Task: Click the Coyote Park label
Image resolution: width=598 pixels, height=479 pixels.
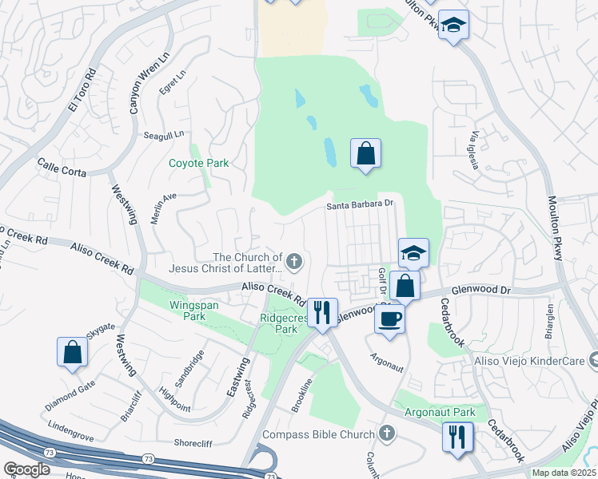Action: coord(198,163)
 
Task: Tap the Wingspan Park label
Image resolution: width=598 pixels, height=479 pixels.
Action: coord(187,311)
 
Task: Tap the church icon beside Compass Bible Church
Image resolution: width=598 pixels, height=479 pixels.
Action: coord(387,434)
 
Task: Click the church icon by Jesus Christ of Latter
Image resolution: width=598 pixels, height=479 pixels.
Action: coord(295,260)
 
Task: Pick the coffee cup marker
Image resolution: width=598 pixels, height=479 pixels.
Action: coord(389,318)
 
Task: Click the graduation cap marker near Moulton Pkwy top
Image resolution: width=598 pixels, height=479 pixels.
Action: coord(453,25)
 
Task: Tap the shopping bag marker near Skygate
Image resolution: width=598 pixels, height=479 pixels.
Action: coord(72,352)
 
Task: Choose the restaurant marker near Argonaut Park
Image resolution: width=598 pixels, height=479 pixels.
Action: coord(457,436)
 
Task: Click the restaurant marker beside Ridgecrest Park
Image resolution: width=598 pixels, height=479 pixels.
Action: coord(322,312)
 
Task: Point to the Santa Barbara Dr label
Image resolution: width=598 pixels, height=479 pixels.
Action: coord(361,204)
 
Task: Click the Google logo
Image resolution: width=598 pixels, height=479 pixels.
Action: coord(26,469)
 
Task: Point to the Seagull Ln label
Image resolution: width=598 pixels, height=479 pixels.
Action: coord(163,135)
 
